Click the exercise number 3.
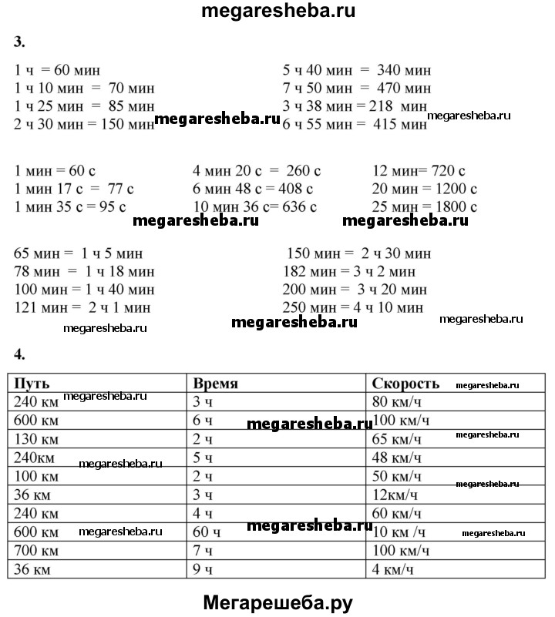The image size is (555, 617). tap(19, 41)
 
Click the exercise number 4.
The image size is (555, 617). tap(19, 354)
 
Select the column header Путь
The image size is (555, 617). tap(33, 384)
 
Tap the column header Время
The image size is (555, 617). tap(215, 384)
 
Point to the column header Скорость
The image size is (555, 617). tap(405, 384)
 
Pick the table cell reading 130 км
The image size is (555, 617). tap(36, 439)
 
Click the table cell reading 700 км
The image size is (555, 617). tap(36, 552)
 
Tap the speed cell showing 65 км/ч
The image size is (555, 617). tap(397, 439)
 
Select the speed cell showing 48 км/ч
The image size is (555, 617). tap(397, 458)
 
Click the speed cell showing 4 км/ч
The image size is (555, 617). tap(394, 570)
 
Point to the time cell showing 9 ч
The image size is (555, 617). tap(203, 570)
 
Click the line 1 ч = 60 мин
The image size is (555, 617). tap(57, 70)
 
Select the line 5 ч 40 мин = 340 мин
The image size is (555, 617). tap(356, 70)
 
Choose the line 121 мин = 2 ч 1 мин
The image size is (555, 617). tap(82, 307)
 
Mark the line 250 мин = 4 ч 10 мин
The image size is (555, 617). tap(354, 307)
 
